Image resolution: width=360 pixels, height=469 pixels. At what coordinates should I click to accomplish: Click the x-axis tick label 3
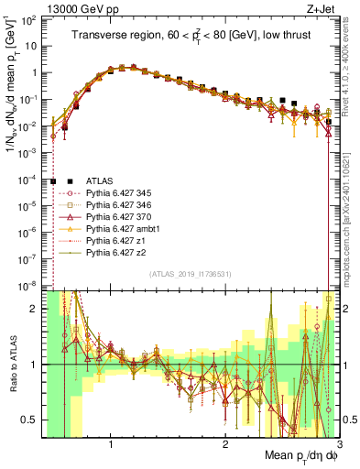point(339,442)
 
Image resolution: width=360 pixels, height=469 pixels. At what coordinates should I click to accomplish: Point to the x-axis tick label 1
point(111,442)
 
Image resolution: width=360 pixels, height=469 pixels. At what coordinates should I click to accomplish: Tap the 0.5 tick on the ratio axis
point(30,420)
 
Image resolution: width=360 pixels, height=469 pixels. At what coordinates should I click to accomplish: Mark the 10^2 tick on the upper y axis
point(30,20)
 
